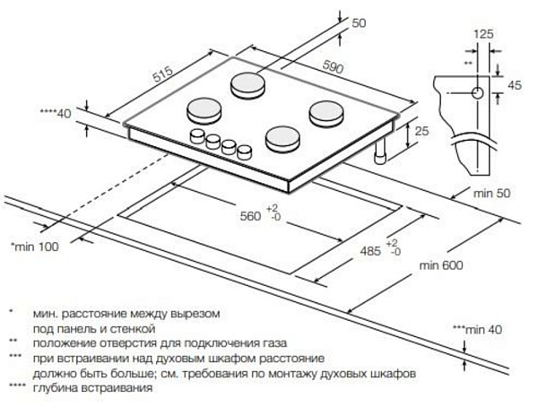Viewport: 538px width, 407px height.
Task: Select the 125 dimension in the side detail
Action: point(483,34)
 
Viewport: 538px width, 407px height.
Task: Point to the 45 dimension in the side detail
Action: point(515,85)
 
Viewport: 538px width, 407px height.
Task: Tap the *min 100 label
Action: point(33,246)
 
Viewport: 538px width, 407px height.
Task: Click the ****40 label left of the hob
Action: point(55,113)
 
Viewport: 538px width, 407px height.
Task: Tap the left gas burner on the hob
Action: point(204,112)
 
